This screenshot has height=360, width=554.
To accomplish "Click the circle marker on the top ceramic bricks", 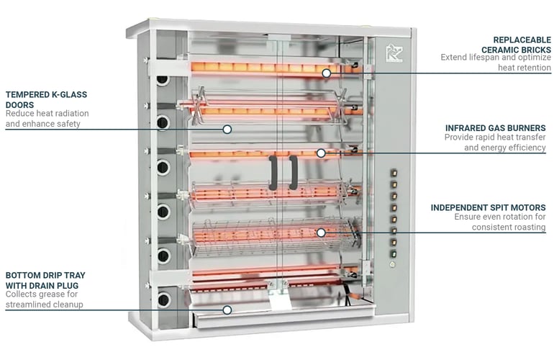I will (x=326, y=73).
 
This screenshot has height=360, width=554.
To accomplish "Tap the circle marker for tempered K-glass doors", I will (x=227, y=130).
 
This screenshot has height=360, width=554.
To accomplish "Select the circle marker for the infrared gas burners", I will (x=321, y=153).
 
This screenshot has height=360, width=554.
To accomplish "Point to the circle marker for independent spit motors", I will (x=321, y=232).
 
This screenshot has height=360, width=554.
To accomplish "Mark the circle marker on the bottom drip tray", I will (x=227, y=310).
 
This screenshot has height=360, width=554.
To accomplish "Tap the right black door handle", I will (x=293, y=173).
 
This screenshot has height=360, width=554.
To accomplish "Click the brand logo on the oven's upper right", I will (x=394, y=53).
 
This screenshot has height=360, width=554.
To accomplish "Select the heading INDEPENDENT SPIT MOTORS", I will (x=488, y=207).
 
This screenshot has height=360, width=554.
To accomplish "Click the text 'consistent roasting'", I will (x=509, y=228).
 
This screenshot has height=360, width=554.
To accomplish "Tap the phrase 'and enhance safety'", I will (x=42, y=124).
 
